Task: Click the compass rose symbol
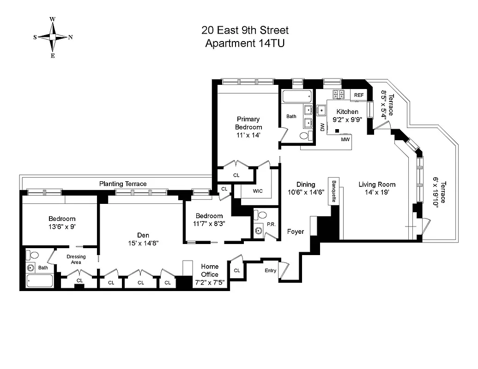point(53,37)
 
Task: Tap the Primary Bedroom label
point(248,123)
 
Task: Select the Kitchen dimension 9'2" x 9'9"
point(347,119)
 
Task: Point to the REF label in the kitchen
point(359,95)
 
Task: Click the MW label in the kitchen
point(345,139)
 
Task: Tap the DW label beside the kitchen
point(322,127)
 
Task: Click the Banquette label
point(334,190)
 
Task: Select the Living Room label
point(377,184)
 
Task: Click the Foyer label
point(296,232)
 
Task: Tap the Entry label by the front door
point(270,271)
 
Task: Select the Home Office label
point(210,270)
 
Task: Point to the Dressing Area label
point(76,259)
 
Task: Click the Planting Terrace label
point(123,184)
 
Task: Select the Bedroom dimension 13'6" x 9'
point(62,226)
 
